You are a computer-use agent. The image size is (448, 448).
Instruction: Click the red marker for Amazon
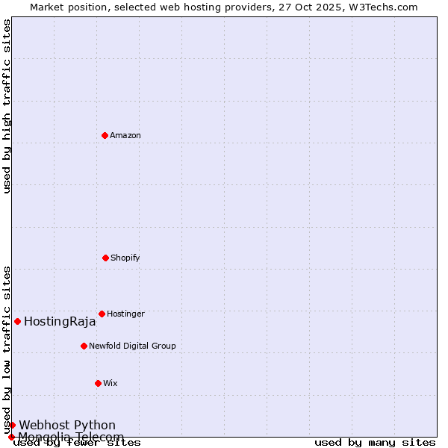(105, 135)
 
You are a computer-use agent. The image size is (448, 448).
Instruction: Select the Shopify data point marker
(105, 258)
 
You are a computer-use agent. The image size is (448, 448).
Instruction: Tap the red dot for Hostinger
(102, 314)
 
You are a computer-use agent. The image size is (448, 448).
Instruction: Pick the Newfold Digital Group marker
(84, 346)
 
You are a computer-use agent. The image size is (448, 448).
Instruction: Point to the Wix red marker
(98, 383)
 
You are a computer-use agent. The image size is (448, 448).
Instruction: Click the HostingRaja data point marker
(17, 321)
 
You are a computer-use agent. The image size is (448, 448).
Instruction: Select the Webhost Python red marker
(12, 425)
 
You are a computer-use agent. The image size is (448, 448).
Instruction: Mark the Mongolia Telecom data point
(11, 437)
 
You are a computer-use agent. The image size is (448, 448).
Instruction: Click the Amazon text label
(125, 136)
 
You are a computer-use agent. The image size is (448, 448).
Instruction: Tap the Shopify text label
(125, 258)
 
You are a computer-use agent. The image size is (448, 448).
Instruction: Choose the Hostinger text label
(125, 314)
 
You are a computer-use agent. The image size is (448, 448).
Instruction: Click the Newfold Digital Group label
(132, 346)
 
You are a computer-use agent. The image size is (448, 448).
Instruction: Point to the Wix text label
(111, 384)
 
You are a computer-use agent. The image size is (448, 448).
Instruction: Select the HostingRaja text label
(60, 322)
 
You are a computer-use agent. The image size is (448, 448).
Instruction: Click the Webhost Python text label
(67, 426)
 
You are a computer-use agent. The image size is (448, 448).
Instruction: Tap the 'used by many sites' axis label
(375, 443)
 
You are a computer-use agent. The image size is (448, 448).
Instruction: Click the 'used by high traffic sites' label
(7, 106)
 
